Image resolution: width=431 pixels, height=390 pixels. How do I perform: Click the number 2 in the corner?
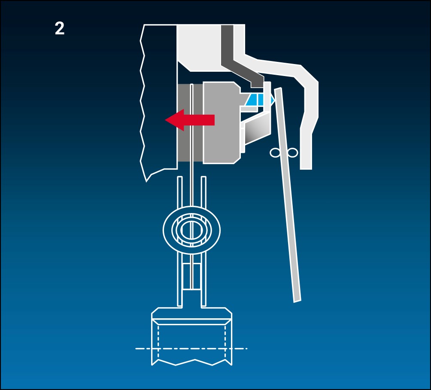pos(60,29)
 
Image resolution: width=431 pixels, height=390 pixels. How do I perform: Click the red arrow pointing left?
pos(190,120)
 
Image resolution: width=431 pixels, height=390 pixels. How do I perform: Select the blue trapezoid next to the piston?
pos(255,99)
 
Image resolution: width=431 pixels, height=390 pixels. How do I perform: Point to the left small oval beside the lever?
pos(275,152)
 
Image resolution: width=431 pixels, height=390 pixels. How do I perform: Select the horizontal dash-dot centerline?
pos(191,348)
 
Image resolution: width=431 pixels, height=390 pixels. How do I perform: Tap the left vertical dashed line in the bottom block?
pos(158,342)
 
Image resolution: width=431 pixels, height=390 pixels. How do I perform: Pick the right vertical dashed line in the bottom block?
pos(225,342)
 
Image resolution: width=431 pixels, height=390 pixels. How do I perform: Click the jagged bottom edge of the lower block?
pos(191,362)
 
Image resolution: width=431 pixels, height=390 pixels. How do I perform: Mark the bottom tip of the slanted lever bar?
pos(297,302)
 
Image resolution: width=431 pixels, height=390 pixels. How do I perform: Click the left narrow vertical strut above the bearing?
pos(179,192)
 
